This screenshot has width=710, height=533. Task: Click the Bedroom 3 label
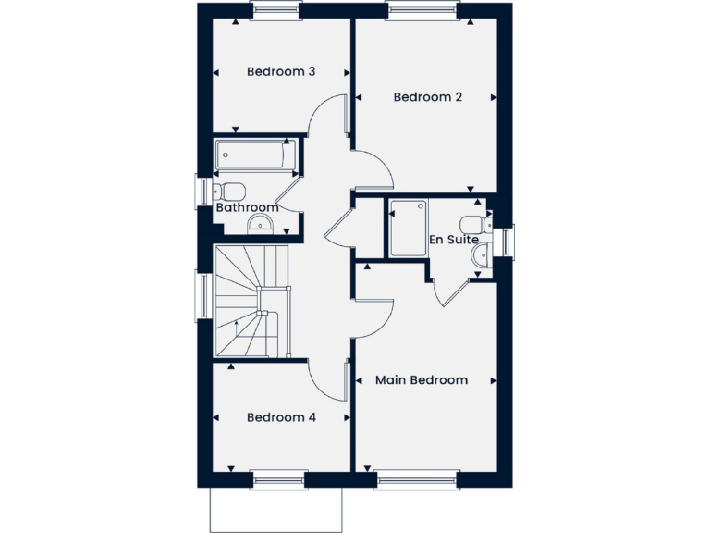pos(281,71)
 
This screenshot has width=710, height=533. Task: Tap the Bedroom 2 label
pos(427,97)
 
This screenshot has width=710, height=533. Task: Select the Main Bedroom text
pos(421,380)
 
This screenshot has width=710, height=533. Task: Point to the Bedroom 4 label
pos(281,417)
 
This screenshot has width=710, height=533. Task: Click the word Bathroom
pos(247,207)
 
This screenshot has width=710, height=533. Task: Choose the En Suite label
pos(453,240)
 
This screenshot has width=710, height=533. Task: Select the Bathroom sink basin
pos(263,222)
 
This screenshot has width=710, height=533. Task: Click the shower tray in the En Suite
pos(407,228)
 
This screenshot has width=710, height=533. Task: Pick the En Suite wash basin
pos(480,254)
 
